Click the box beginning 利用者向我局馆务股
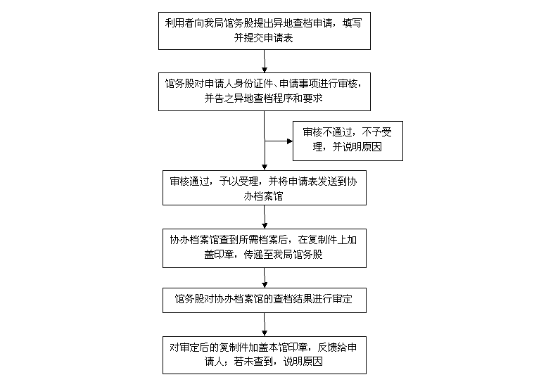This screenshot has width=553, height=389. (x=265, y=30)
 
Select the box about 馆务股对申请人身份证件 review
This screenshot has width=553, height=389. (x=265, y=91)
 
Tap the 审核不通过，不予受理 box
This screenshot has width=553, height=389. (x=348, y=141)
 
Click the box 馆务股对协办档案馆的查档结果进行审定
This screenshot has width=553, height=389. (x=265, y=299)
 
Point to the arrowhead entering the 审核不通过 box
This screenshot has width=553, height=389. (x=288, y=141)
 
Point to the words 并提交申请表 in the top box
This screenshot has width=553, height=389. (x=265, y=37)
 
